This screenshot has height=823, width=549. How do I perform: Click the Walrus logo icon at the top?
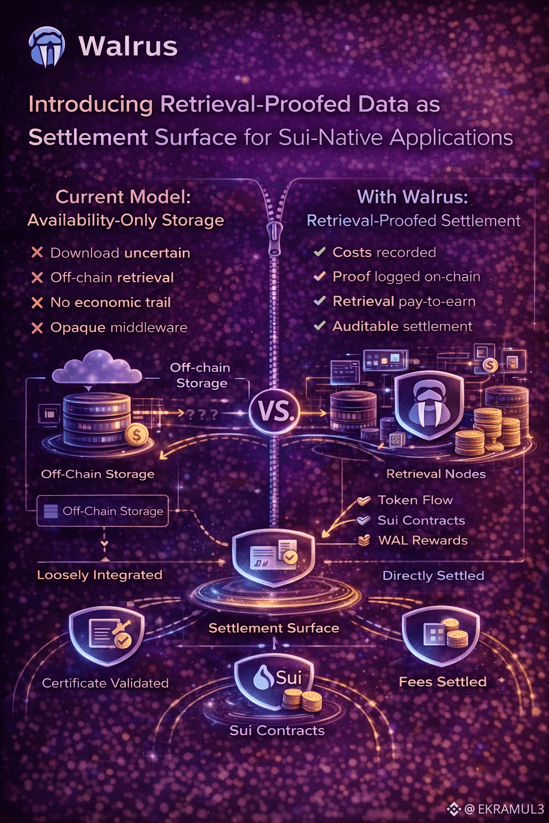(47, 47)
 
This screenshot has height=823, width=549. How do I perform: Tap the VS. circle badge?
(274, 411)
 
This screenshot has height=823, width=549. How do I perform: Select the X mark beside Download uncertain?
(37, 252)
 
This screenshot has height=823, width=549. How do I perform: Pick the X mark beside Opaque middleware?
(37, 328)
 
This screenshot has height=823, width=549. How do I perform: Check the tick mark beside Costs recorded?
(320, 252)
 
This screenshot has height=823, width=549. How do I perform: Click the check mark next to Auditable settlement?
(320, 326)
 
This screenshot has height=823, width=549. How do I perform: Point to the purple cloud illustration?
(97, 368)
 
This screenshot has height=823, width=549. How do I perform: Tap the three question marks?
(203, 414)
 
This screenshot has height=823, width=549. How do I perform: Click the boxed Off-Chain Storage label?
(103, 511)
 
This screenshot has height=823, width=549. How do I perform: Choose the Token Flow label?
(415, 500)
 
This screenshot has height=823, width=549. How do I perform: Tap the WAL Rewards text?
(423, 541)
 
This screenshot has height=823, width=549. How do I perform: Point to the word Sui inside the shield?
(288, 677)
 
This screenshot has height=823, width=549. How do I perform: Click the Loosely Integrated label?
(100, 575)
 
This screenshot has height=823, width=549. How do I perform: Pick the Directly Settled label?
(433, 576)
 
